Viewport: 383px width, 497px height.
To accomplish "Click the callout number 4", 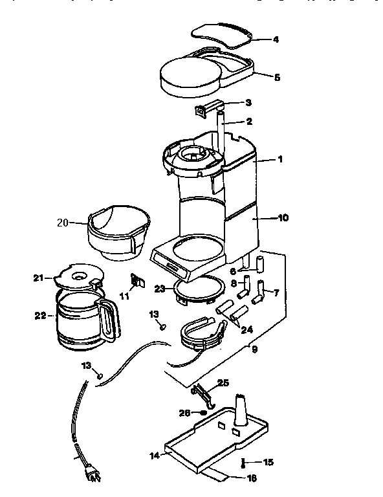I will [x=276, y=39].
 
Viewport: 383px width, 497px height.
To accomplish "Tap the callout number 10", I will [x=283, y=218].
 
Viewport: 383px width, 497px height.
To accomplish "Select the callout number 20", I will [x=62, y=223].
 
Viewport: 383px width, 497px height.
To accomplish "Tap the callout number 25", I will [x=223, y=383].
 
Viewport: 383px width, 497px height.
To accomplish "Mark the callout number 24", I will [x=246, y=329].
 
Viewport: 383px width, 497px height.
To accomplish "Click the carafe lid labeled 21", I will [x=76, y=276].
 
